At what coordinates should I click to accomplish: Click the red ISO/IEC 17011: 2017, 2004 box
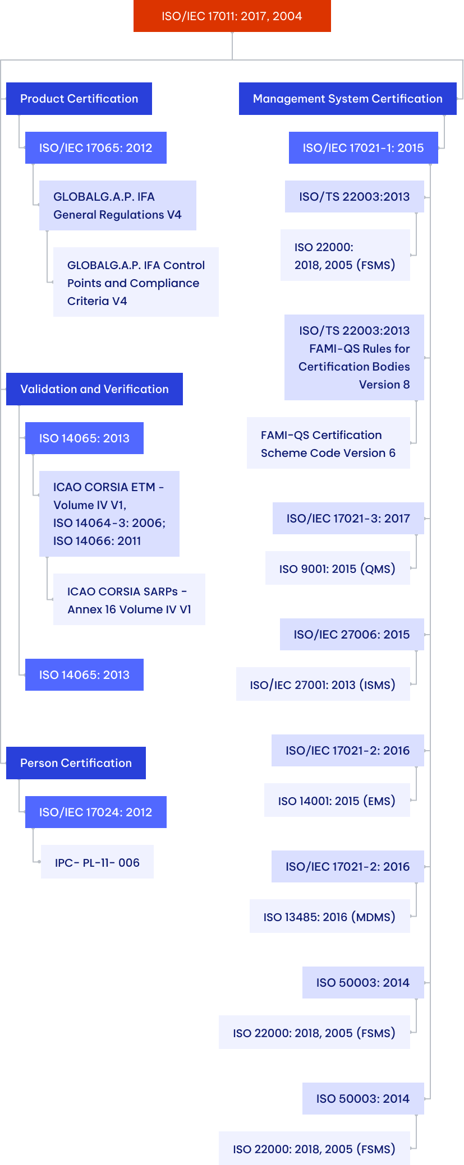pyautogui.click(x=232, y=16)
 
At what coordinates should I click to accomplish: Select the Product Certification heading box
pyautogui.click(x=79, y=99)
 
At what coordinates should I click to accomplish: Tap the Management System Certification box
pyautogui.click(x=347, y=99)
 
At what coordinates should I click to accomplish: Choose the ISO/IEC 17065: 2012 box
pyautogui.click(x=95, y=148)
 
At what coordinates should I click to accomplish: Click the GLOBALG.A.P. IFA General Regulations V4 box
pyautogui.click(x=117, y=206)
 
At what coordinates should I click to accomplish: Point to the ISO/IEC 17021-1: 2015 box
pyautogui.click(x=363, y=148)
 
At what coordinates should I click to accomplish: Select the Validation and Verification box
pyautogui.click(x=94, y=389)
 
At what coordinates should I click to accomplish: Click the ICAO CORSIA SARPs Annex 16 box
pyautogui.click(x=129, y=600)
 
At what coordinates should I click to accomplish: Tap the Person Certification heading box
pyautogui.click(x=76, y=763)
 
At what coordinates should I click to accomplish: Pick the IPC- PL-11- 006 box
pyautogui.click(x=97, y=862)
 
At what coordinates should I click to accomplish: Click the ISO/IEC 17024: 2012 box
pyautogui.click(x=95, y=812)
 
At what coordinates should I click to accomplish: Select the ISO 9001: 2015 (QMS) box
pyautogui.click(x=337, y=569)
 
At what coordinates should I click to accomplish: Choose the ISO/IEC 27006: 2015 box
pyautogui.click(x=352, y=635)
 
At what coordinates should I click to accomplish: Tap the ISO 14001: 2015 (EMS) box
pyautogui.click(x=337, y=801)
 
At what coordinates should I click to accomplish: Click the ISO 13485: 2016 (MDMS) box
pyautogui.click(x=329, y=917)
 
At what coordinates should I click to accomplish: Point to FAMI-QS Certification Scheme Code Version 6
pyautogui.click(x=328, y=443)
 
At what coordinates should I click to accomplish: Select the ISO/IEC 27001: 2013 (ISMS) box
pyautogui.click(x=323, y=685)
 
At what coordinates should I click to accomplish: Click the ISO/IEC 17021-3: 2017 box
pyautogui.click(x=348, y=519)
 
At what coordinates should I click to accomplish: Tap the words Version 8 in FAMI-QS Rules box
pyautogui.click(x=384, y=385)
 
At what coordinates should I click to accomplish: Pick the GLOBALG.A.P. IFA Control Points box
pyautogui.click(x=136, y=283)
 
